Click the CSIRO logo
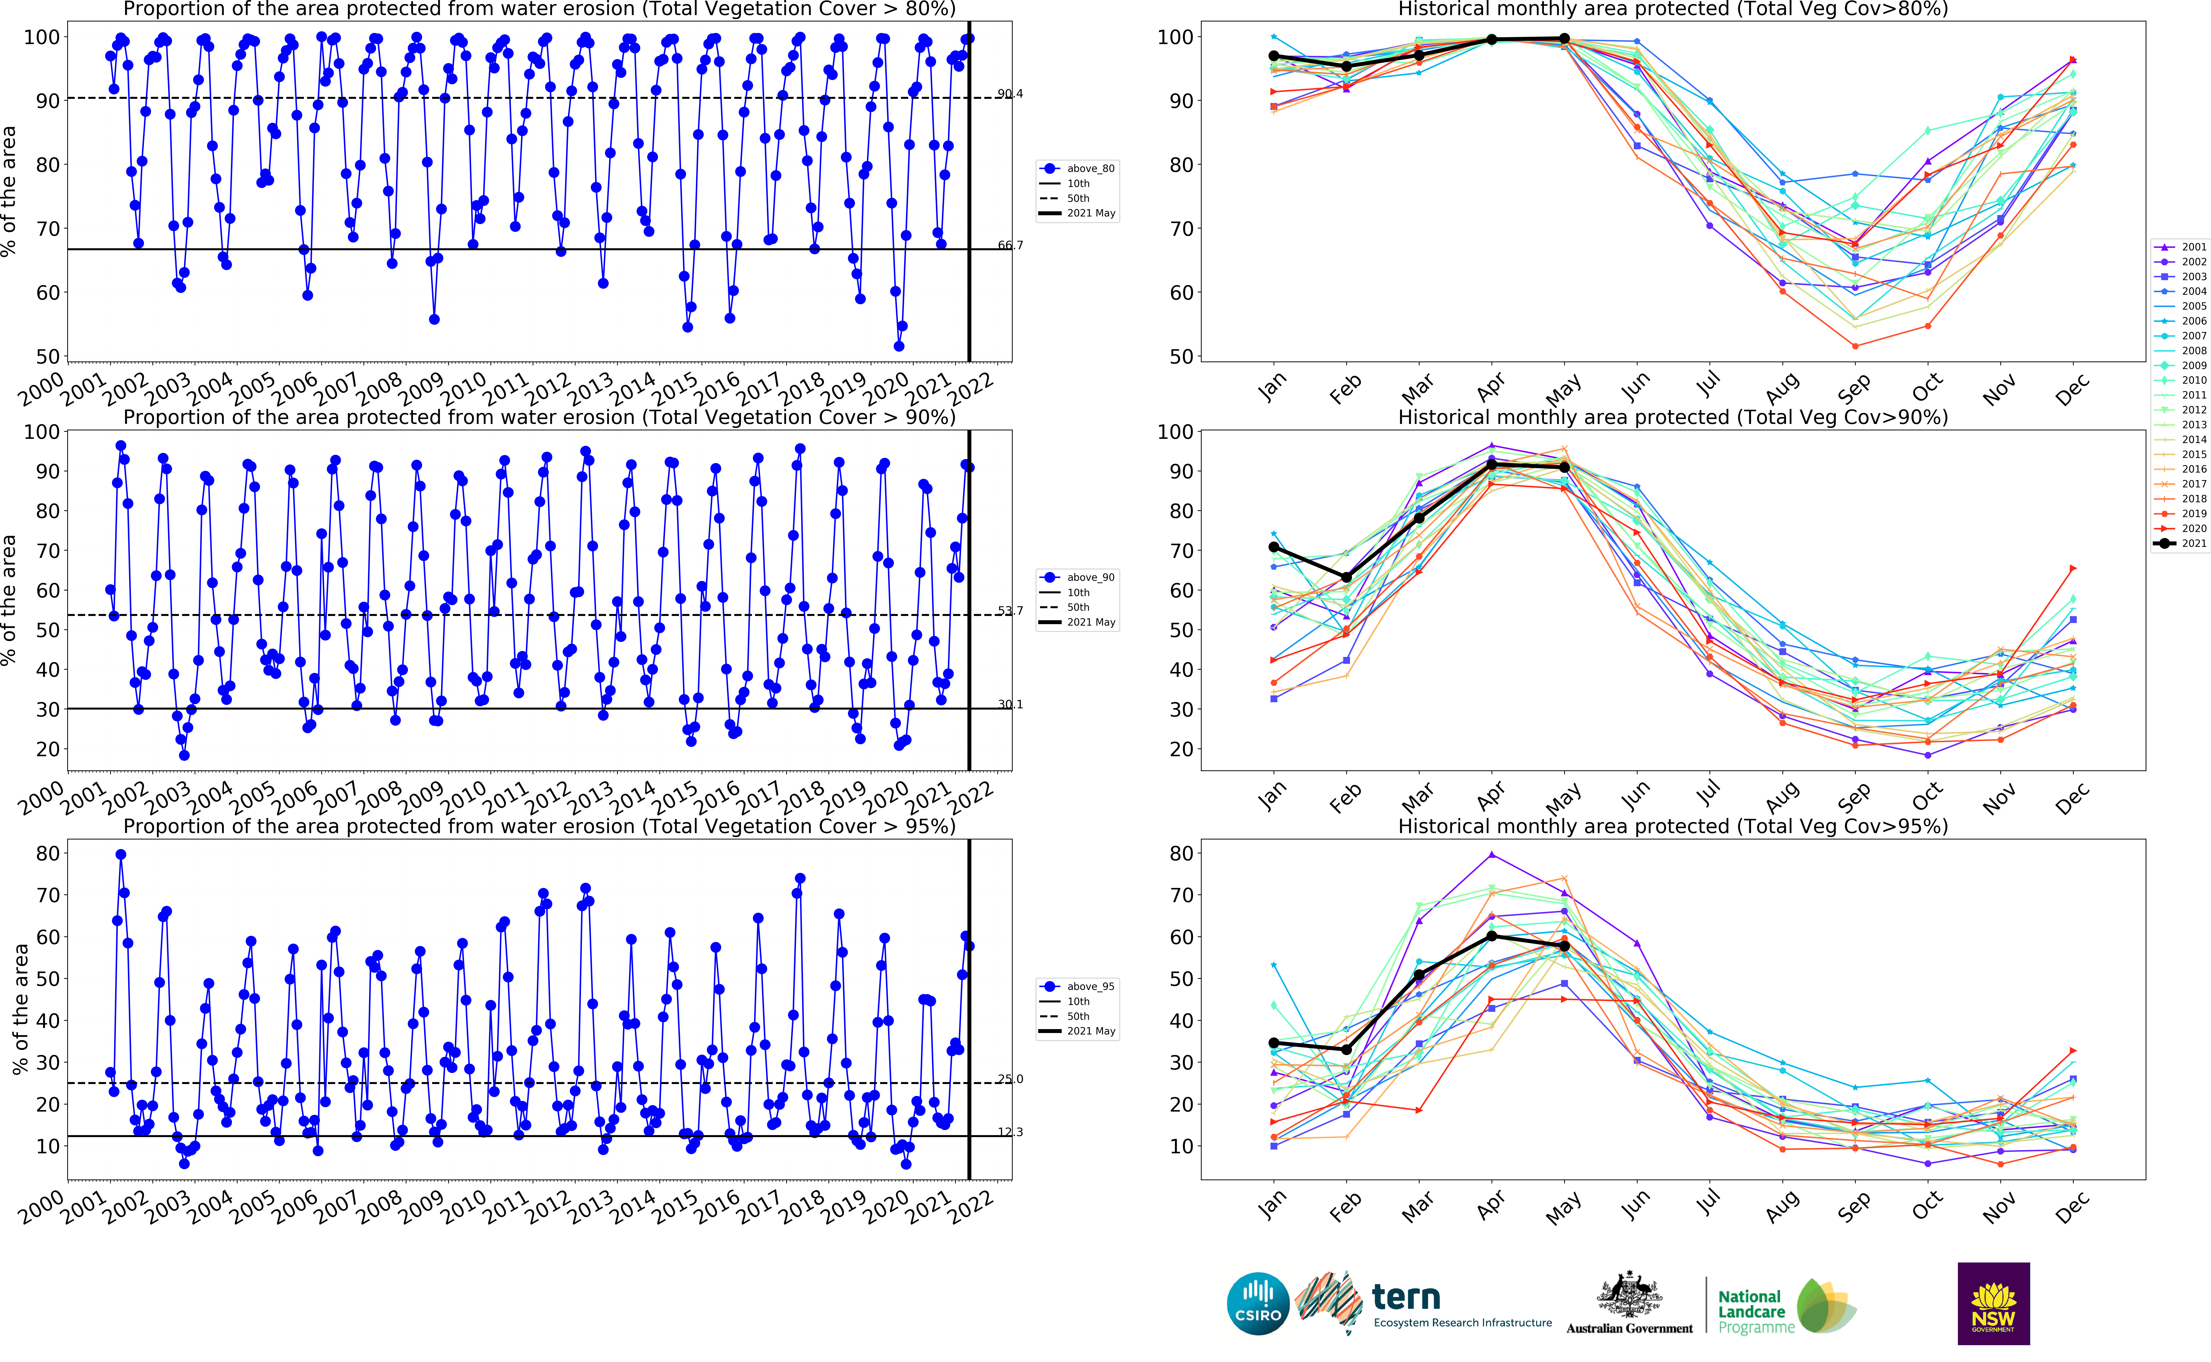pos(1258,1304)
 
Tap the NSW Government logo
pos(1993,1304)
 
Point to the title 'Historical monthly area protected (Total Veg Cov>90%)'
pos(1672,417)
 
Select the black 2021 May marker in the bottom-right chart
pos(1564,946)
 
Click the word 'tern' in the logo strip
pos(1405,1297)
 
